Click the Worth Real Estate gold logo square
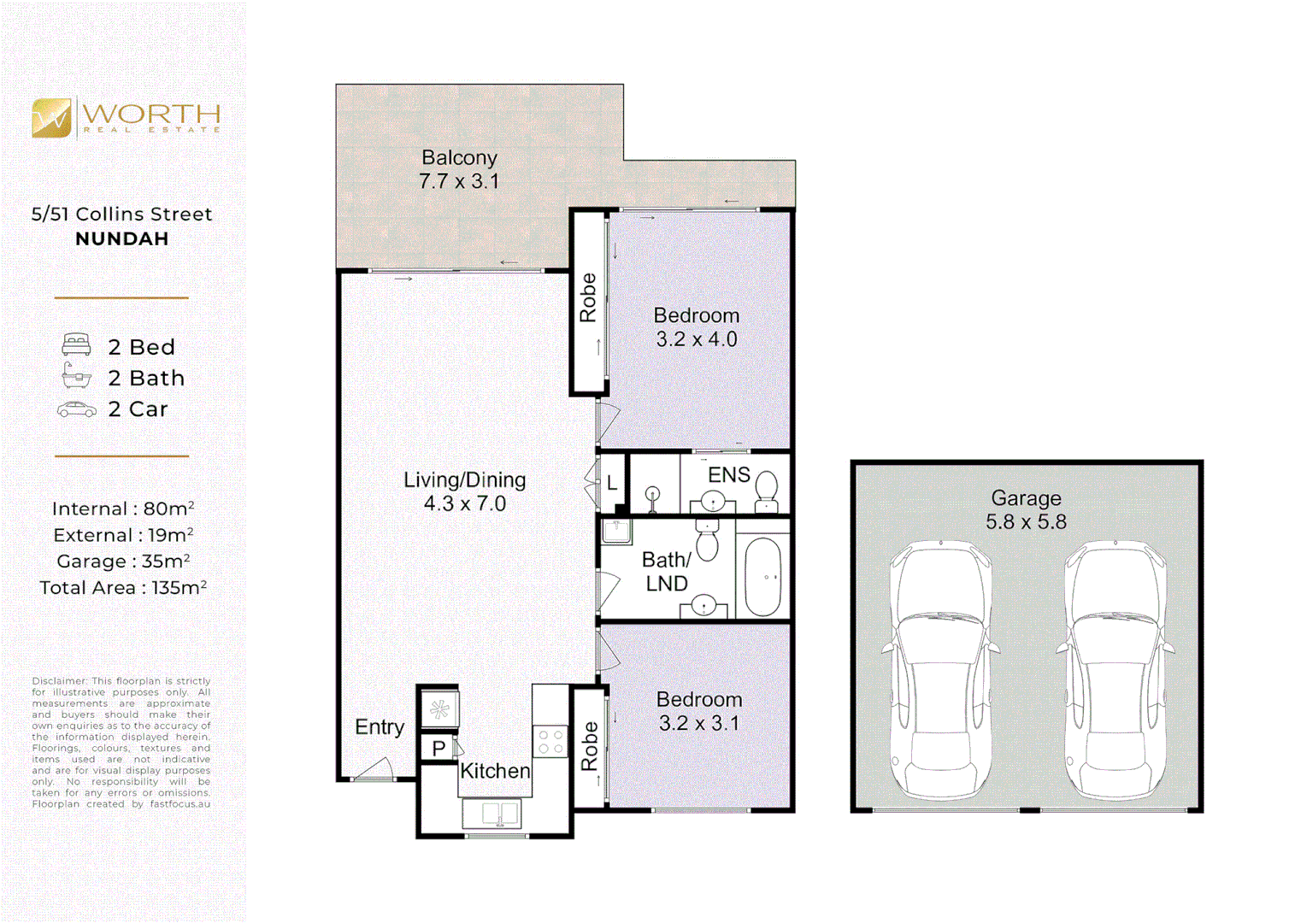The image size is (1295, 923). (x=51, y=118)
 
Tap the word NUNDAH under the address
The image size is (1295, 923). (x=122, y=238)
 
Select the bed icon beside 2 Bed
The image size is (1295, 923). (x=76, y=344)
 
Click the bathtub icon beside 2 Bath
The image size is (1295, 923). (x=77, y=376)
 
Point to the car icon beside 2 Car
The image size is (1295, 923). (x=77, y=409)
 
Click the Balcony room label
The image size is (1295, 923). (x=460, y=158)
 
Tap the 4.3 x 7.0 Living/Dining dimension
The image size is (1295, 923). (x=465, y=503)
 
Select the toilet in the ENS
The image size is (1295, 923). (x=767, y=491)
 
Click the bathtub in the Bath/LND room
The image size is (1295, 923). (x=763, y=578)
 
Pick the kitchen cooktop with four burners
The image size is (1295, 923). (x=550, y=742)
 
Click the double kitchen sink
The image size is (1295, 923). (x=492, y=814)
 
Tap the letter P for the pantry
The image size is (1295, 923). (x=439, y=749)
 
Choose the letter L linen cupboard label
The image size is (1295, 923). (x=612, y=483)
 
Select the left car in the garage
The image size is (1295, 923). (x=940, y=669)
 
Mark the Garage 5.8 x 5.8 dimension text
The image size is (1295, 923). (x=1027, y=522)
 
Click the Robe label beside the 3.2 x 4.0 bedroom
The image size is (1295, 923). (x=588, y=297)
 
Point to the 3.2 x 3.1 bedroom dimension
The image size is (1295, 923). (x=699, y=723)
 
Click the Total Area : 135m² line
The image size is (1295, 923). (x=123, y=588)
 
